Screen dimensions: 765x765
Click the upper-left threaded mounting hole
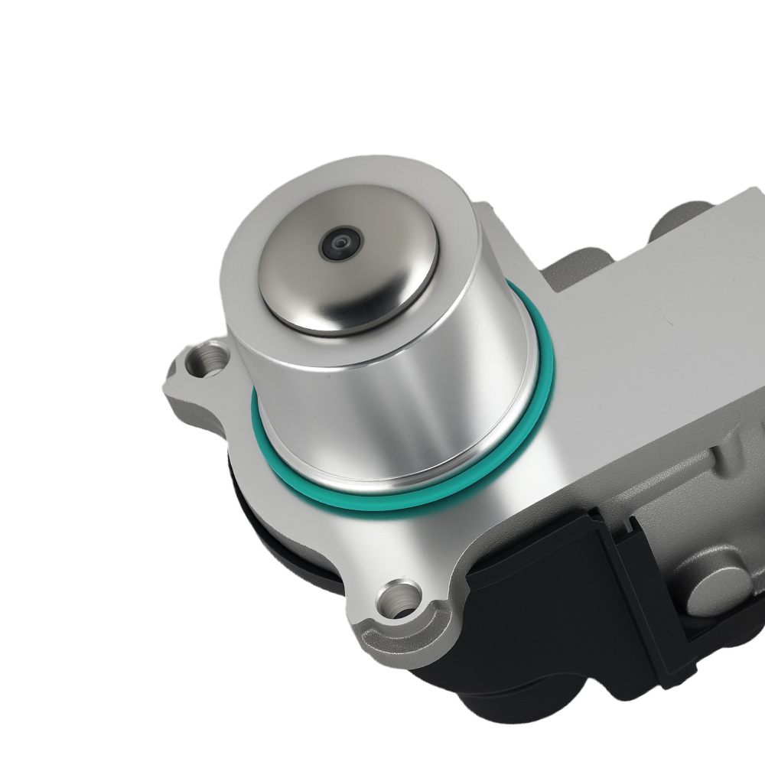(x=209, y=357)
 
